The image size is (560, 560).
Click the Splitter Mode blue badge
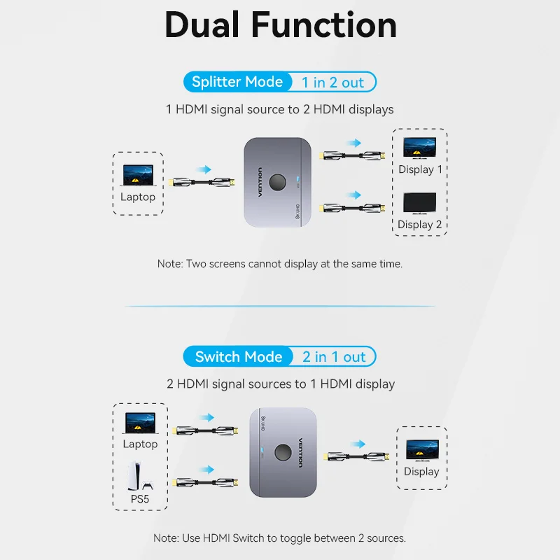(237, 82)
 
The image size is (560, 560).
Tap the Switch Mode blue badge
(238, 357)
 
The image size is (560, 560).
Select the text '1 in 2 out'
(333, 83)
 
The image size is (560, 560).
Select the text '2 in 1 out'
(334, 357)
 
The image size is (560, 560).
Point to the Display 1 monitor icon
(420, 148)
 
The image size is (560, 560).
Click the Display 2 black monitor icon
(420, 204)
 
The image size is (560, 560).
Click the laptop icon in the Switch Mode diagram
(140, 422)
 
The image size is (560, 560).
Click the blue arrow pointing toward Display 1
(353, 143)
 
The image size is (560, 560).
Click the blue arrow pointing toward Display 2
(353, 195)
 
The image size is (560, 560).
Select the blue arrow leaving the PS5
(206, 470)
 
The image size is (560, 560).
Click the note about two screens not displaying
(280, 264)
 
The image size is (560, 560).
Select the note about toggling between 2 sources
(280, 538)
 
